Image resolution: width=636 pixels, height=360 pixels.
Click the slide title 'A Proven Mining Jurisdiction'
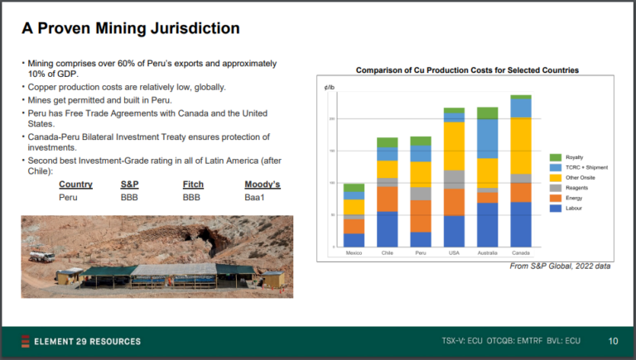(x=131, y=29)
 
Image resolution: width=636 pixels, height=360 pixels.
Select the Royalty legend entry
(x=574, y=157)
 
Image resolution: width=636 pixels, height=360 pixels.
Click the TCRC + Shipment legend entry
(x=584, y=167)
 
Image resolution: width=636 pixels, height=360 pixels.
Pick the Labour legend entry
(x=574, y=209)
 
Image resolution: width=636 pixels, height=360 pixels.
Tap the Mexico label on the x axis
(x=354, y=253)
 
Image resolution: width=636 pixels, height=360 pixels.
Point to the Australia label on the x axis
(x=488, y=253)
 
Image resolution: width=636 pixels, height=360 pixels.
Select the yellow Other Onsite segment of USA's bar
(x=454, y=146)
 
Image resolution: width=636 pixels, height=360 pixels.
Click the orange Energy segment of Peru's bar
(x=421, y=216)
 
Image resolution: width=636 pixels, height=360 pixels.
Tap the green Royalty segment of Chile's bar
(x=387, y=142)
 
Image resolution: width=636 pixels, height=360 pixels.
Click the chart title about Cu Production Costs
(x=467, y=70)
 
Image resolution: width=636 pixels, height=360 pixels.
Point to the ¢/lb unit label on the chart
(x=330, y=86)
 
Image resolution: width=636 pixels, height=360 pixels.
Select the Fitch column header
(x=192, y=185)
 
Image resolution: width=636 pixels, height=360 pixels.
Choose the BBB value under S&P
(x=131, y=198)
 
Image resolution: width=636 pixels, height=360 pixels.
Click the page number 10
(x=613, y=341)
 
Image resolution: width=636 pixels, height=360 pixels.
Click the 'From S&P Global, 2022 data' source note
(x=561, y=266)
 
